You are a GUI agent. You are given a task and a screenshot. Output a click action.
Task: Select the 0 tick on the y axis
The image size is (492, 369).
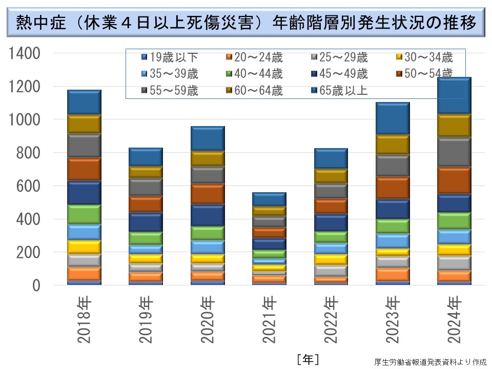pyautogui.click(x=35, y=285)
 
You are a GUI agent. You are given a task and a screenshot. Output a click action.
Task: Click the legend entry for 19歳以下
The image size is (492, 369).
pyautogui.click(x=169, y=57)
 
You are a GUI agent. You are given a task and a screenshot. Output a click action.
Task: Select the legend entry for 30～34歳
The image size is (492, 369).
pyautogui.click(x=425, y=57)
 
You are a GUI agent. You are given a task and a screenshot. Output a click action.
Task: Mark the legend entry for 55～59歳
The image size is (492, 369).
pyautogui.click(x=169, y=91)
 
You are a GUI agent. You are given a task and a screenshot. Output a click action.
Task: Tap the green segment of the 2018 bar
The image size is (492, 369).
pyautogui.click(x=84, y=214)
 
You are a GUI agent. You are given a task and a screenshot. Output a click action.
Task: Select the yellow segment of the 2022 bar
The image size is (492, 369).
pyautogui.click(x=331, y=259)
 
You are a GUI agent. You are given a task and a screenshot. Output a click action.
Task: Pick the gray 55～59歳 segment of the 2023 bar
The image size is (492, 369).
pyautogui.click(x=393, y=165)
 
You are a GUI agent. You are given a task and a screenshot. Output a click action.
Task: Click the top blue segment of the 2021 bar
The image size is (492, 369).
pyautogui.click(x=269, y=199)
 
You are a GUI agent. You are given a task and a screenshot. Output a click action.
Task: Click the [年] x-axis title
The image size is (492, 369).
pyautogui.click(x=307, y=359)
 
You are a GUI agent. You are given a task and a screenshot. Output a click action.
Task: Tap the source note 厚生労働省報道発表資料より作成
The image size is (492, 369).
pyautogui.click(x=430, y=362)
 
